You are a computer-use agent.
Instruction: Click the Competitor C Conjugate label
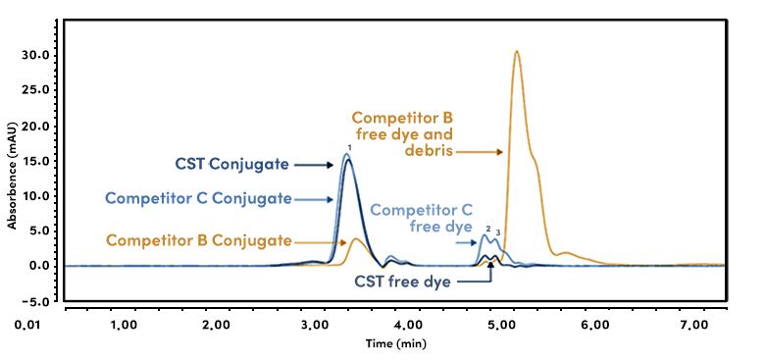click(198, 198)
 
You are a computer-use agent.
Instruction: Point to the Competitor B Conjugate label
click(198, 239)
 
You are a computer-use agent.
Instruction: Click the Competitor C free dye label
click(422, 218)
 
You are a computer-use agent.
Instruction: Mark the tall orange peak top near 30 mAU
click(517, 51)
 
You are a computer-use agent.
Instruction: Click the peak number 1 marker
click(348, 148)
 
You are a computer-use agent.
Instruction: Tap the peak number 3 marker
click(498, 231)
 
